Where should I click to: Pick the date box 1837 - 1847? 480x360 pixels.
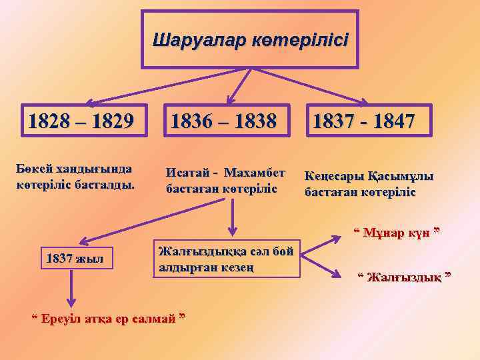tap(363, 122)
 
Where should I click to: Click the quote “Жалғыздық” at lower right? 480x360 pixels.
tap(404, 277)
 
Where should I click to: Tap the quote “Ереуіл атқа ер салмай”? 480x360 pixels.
tap(109, 315)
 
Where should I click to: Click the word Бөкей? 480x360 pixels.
tap(31, 169)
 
